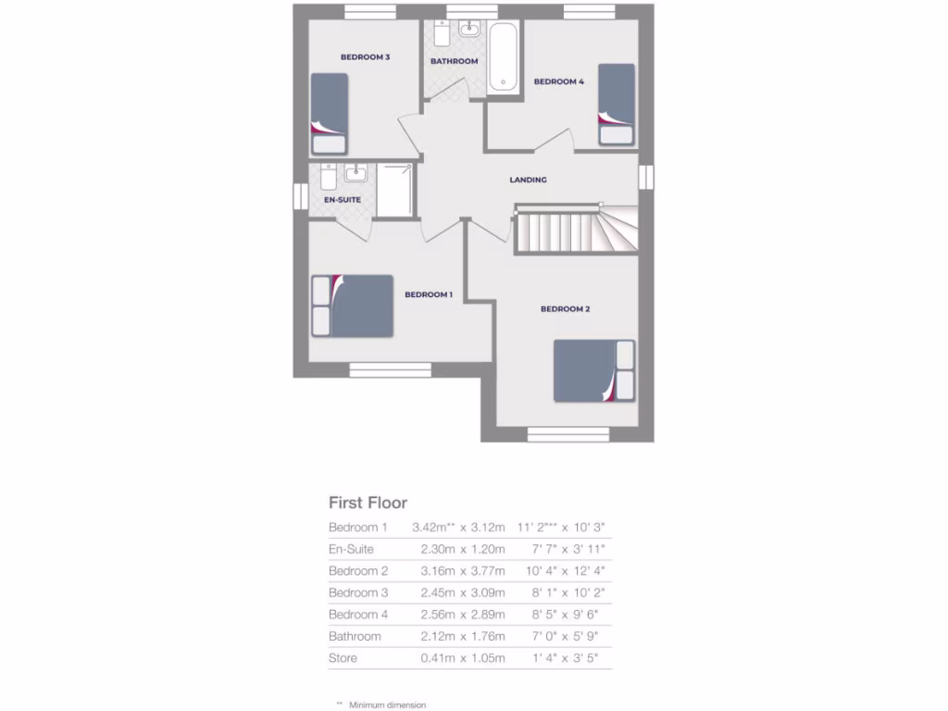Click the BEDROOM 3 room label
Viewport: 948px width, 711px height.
365,57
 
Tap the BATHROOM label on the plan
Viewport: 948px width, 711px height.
454,62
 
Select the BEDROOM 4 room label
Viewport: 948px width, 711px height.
558,81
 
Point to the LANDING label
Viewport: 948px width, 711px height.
528,180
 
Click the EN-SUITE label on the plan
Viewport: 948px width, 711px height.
342,199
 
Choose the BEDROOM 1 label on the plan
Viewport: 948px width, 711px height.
428,294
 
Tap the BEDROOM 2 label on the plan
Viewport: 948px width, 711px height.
565,309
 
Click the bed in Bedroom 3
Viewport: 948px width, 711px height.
330,113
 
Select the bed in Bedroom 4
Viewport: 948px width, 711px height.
617,104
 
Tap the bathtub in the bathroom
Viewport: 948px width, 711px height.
504,57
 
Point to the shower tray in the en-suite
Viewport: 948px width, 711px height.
394,191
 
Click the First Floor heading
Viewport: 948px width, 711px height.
368,503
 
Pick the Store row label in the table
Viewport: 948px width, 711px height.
343,658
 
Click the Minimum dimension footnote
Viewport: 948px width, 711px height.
387,705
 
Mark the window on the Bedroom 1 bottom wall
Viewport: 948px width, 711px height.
390,370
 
